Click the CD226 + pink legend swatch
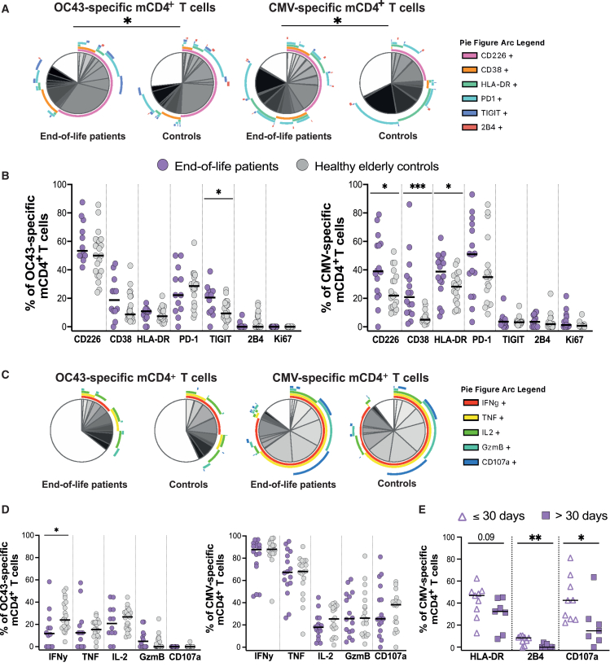point(469,55)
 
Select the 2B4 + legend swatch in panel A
point(469,127)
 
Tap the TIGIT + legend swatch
point(469,113)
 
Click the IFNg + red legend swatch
point(470,403)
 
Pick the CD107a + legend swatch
point(470,462)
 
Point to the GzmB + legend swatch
point(470,447)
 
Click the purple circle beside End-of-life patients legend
point(163,165)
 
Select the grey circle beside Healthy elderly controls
point(302,165)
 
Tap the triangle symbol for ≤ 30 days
point(462,516)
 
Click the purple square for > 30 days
point(546,516)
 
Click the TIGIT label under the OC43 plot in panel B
point(221,339)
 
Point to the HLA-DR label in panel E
point(487,656)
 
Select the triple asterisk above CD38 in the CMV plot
point(418,187)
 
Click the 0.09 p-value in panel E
point(485,537)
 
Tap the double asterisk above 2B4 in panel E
point(535,538)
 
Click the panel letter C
point(5,375)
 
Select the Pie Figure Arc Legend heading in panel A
point(502,42)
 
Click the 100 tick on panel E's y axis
point(449,538)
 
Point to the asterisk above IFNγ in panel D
point(56,530)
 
